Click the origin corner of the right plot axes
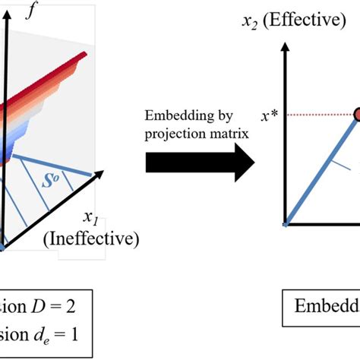point(286,225)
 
